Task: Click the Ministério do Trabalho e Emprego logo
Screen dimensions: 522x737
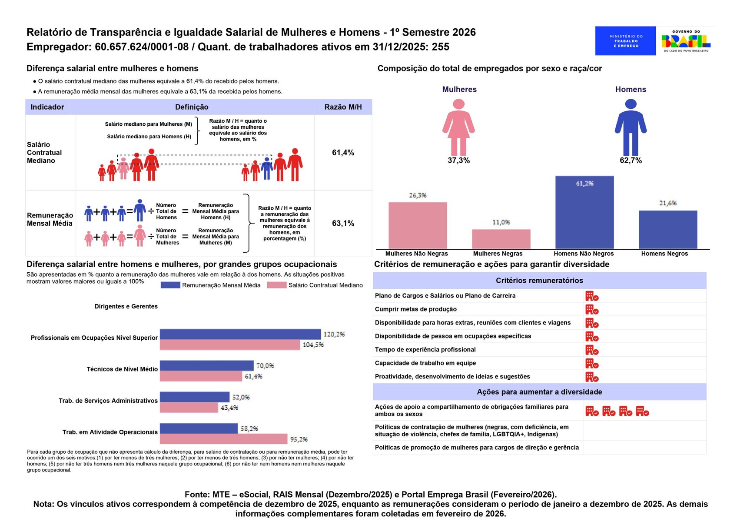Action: pos(625,41)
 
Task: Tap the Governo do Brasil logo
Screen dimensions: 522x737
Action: pos(686,41)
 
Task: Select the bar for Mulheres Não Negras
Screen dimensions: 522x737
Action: pos(417,225)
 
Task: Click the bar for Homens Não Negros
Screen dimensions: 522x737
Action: pos(584,212)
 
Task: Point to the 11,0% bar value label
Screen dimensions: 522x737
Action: pos(501,222)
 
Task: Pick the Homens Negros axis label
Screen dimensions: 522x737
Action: pos(664,254)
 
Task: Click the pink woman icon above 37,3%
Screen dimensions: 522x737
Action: pos(458,127)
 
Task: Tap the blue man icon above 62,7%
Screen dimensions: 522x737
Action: pos(631,127)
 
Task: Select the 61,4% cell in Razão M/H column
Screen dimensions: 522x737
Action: pos(343,153)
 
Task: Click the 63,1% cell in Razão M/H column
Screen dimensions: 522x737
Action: pos(343,224)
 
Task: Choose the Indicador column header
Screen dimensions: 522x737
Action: pos(47,107)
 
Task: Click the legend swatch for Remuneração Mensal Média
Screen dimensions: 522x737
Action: pos(170,285)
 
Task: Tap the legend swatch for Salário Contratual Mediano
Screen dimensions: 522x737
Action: pos(276,285)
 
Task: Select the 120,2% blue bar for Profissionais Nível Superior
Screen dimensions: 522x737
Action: pos(240,334)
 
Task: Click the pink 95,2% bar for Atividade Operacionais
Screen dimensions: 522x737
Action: pos(223,439)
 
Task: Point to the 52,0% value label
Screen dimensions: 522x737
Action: pos(241,397)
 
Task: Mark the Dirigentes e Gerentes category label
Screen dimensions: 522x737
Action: pos(126,306)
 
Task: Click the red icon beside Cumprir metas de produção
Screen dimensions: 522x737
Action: pos(591,309)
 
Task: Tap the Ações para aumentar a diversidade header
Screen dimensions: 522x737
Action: pos(539,392)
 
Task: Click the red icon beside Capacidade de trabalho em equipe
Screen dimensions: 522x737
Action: pos(591,363)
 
